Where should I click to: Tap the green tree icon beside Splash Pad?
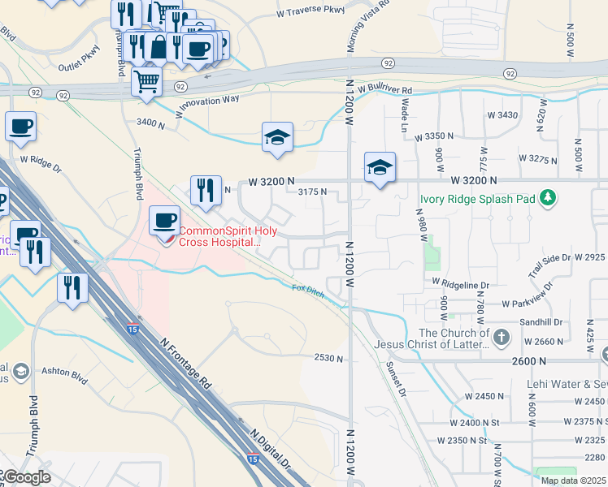tap(549, 197)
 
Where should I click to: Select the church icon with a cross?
tap(502, 336)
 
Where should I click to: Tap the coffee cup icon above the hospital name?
tap(164, 221)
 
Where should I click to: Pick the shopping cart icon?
tap(146, 82)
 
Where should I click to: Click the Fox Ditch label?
tap(309, 290)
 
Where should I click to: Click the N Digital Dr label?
tap(271, 449)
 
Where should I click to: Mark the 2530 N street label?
tap(329, 358)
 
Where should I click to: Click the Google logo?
tap(26, 477)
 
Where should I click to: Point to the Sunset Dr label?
tap(396, 380)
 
